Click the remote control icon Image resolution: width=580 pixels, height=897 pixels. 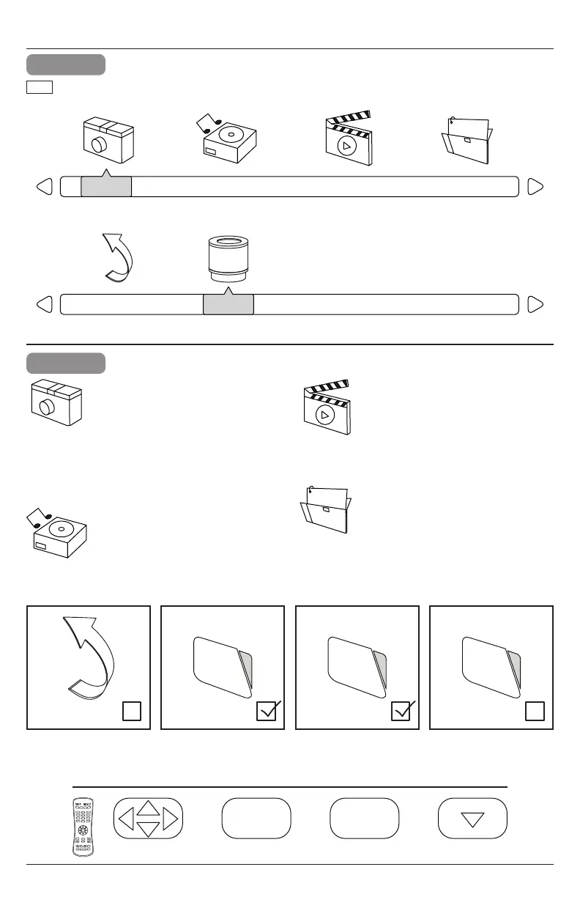[86, 827]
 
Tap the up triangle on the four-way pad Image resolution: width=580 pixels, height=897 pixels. [149, 808]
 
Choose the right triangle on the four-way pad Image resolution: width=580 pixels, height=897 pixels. [171, 818]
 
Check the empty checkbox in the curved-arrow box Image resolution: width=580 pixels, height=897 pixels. [131, 711]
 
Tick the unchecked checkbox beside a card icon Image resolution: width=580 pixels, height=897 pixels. [534, 711]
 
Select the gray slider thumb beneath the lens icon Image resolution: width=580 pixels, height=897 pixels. [228, 304]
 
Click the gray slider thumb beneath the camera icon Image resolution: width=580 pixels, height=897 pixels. [105, 187]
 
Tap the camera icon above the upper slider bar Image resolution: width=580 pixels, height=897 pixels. [106, 140]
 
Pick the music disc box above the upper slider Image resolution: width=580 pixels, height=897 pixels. [228, 139]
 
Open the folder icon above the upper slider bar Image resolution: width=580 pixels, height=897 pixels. [468, 140]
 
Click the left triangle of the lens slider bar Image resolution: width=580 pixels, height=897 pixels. [44, 304]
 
